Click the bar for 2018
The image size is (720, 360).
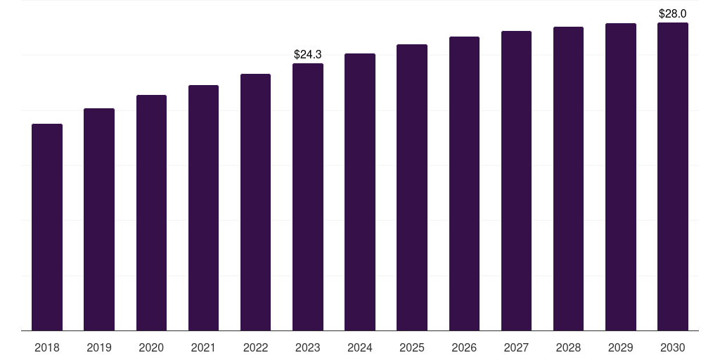47,227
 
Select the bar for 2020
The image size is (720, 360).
151,212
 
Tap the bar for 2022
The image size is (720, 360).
255,202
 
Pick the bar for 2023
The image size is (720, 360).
308,197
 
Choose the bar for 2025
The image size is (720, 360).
412,187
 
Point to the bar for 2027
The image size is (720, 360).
516,181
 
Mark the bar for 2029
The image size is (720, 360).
621,176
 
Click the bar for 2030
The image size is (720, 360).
673,176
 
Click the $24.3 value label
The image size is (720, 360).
308,54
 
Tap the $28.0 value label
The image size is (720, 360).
672,13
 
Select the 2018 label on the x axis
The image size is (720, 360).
47,347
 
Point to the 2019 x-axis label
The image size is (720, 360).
99,347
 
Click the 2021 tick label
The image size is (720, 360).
203,347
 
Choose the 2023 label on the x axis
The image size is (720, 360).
308,347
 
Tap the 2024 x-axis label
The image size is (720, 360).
360,347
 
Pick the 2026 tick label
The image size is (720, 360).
464,347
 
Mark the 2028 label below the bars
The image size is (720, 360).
568,347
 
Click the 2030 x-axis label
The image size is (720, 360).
673,347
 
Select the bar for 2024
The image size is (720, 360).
360,192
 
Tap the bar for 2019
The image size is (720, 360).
99,219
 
